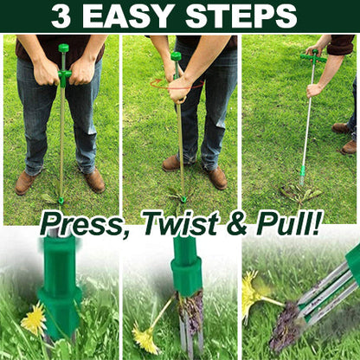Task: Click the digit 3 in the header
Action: pyautogui.click(x=61, y=16)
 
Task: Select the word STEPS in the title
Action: pyautogui.click(x=241, y=16)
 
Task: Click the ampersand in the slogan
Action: pyautogui.click(x=236, y=223)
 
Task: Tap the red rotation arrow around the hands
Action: pyautogui.click(x=177, y=84)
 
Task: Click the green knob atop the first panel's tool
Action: pyautogui.click(x=63, y=48)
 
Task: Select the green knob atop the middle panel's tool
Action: pyautogui.click(x=176, y=56)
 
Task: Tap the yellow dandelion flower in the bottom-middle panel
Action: pyautogui.click(x=145, y=341)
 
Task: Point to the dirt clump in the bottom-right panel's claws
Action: pyautogui.click(x=286, y=326)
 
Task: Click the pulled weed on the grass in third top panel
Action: pyautogui.click(x=301, y=194)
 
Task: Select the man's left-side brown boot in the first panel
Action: pyautogui.click(x=25, y=183)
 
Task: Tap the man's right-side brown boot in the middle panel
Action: pyautogui.click(x=216, y=177)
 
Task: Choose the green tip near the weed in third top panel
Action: pyautogui.click(x=302, y=175)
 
